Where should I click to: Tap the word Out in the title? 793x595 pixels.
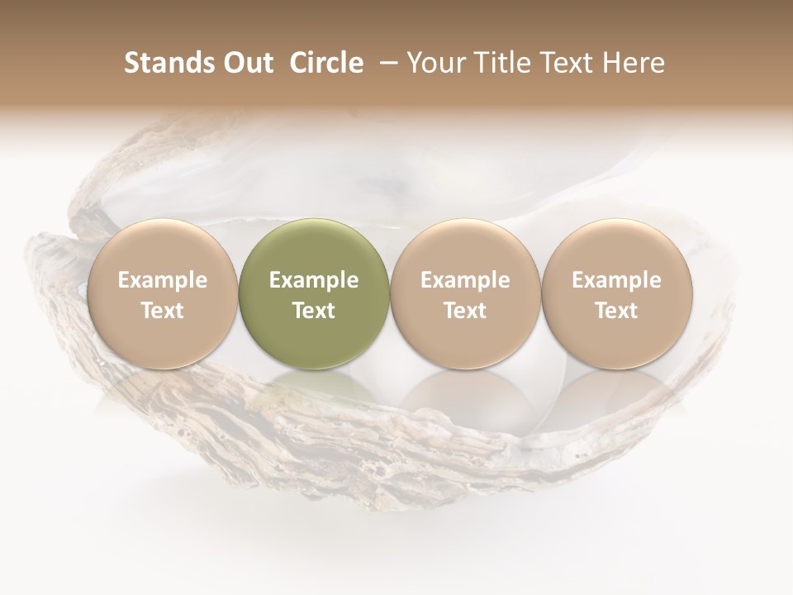point(247,63)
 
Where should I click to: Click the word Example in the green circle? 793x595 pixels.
point(314,281)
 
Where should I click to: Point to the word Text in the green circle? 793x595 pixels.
point(314,311)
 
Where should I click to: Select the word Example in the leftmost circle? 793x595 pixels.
point(163,281)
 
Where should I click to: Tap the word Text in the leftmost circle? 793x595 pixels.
point(163,311)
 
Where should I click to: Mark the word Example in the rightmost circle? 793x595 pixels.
point(617,281)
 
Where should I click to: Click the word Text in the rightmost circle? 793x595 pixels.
point(617,311)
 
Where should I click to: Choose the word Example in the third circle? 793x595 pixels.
point(465,281)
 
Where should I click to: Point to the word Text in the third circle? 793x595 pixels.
point(465,311)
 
